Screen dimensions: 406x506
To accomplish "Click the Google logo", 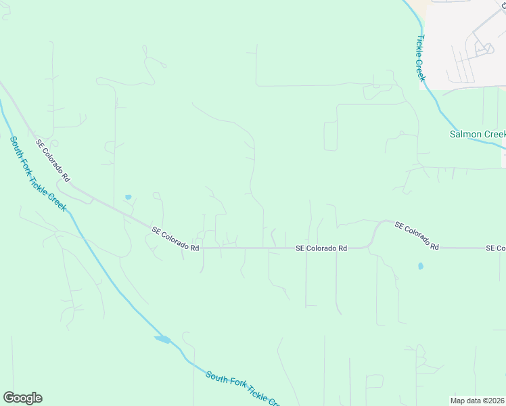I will (x=22, y=398).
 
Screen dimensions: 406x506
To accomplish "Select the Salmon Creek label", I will (x=477, y=134).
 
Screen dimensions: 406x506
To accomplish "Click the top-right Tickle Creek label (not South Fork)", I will (x=421, y=58).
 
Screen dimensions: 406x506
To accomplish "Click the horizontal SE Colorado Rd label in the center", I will (x=321, y=248).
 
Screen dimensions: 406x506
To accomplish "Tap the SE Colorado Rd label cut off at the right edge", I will (x=495, y=248).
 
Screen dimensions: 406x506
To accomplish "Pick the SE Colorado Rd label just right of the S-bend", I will (x=417, y=235).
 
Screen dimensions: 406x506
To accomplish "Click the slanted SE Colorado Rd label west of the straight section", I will (x=175, y=239).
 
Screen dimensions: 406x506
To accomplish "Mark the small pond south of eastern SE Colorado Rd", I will (x=420, y=266).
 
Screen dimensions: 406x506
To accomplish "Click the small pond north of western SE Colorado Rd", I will (x=128, y=197).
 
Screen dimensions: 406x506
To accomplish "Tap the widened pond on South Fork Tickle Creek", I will (x=163, y=339).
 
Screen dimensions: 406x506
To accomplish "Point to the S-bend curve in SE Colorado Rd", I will (x=374, y=233).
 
